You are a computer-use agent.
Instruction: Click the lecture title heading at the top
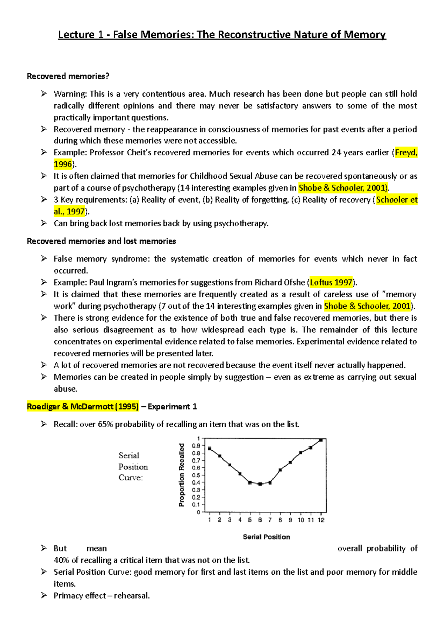(x=222, y=35)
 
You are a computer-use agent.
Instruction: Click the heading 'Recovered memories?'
(x=68, y=76)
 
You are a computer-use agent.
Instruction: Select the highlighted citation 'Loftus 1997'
(x=331, y=283)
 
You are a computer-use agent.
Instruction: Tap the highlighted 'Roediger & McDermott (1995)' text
(x=83, y=407)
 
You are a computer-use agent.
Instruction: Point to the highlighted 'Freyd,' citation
(x=406, y=152)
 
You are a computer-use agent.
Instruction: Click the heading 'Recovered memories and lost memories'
(x=101, y=241)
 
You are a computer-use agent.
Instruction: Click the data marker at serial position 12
(x=321, y=440)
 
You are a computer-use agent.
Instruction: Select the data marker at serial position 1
(x=210, y=449)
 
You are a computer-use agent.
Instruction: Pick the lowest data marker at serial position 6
(x=260, y=484)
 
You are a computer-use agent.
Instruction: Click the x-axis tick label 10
(x=301, y=520)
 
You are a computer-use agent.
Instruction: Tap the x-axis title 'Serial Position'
(x=266, y=537)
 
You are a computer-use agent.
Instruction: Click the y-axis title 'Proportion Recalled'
(x=181, y=475)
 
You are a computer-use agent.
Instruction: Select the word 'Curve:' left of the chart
(x=130, y=477)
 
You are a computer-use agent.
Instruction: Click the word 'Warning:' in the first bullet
(x=70, y=94)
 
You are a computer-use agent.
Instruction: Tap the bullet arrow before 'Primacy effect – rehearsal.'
(x=44, y=595)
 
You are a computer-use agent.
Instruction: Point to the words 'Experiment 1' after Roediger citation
(x=172, y=407)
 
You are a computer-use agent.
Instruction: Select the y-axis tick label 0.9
(x=196, y=446)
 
